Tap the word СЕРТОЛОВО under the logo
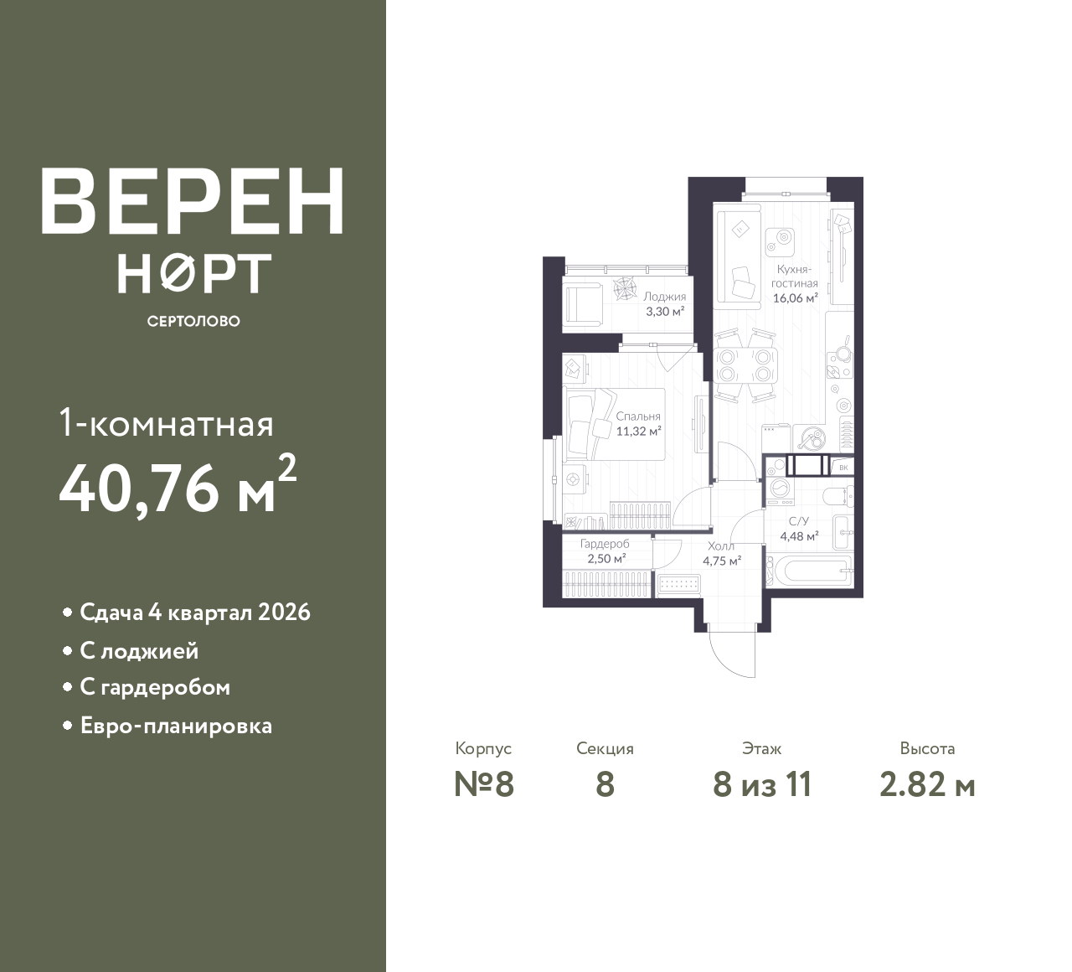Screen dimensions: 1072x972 click(193, 321)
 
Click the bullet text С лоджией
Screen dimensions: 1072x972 click(140, 651)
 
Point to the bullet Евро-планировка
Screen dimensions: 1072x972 click(177, 726)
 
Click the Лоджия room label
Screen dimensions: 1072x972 click(664, 296)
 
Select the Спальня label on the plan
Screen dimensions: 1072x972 click(638, 416)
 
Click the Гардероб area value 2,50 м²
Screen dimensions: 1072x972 click(606, 559)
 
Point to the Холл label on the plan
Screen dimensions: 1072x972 click(721, 545)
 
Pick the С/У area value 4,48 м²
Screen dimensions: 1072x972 click(800, 536)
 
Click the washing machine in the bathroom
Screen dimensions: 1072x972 click(781, 491)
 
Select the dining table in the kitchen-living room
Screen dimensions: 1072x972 click(746, 365)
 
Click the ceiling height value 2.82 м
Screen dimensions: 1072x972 click(927, 785)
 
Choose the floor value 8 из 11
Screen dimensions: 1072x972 click(763, 785)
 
